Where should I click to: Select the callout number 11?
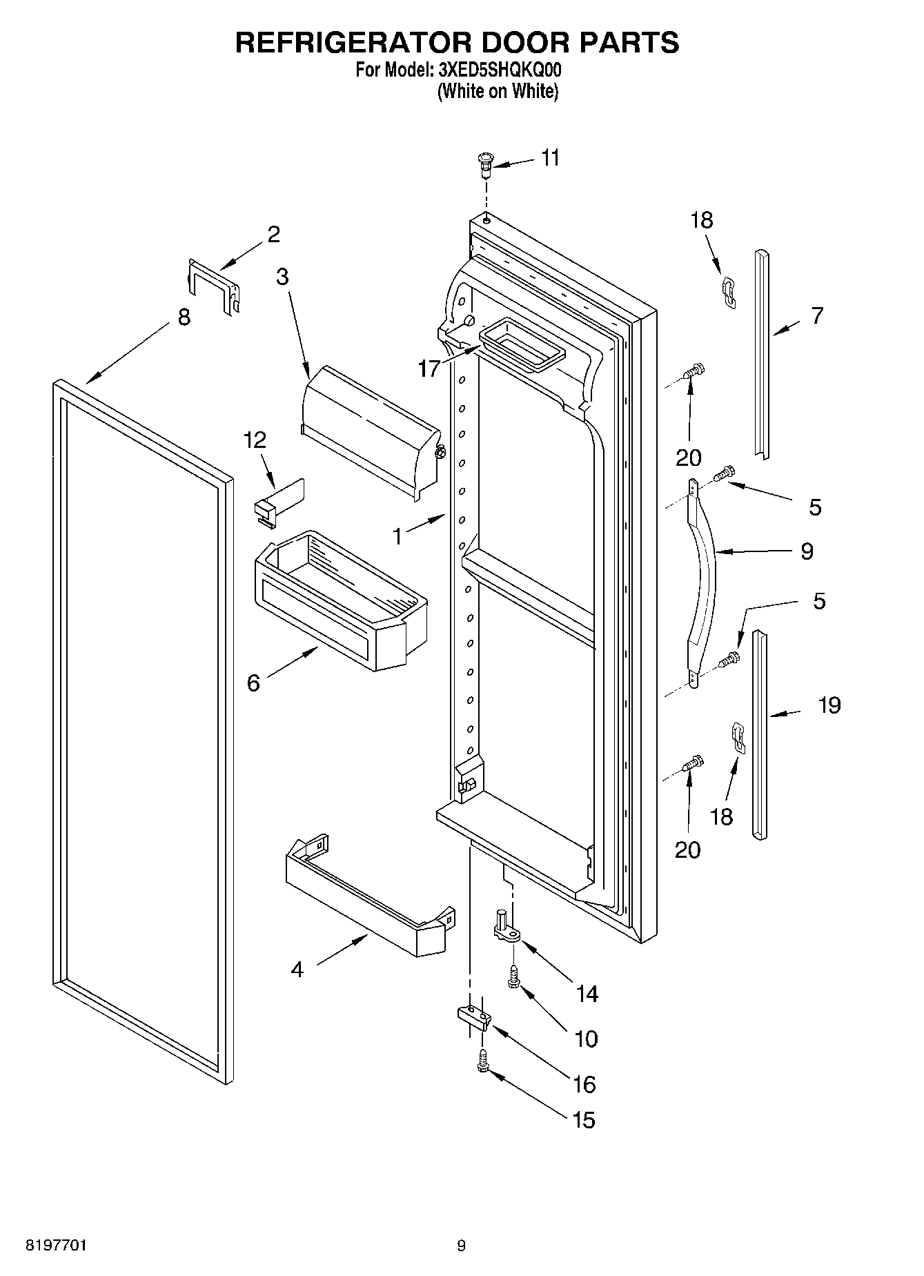click(x=550, y=158)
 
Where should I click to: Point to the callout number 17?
click(x=429, y=369)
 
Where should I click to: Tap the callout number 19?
click(x=829, y=705)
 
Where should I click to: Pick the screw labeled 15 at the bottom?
click(x=483, y=1060)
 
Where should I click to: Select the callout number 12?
click(x=255, y=440)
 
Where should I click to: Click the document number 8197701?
click(x=56, y=1246)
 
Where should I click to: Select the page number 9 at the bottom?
click(x=461, y=1246)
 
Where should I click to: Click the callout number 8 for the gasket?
click(x=183, y=318)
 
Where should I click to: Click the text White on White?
click(x=498, y=91)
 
